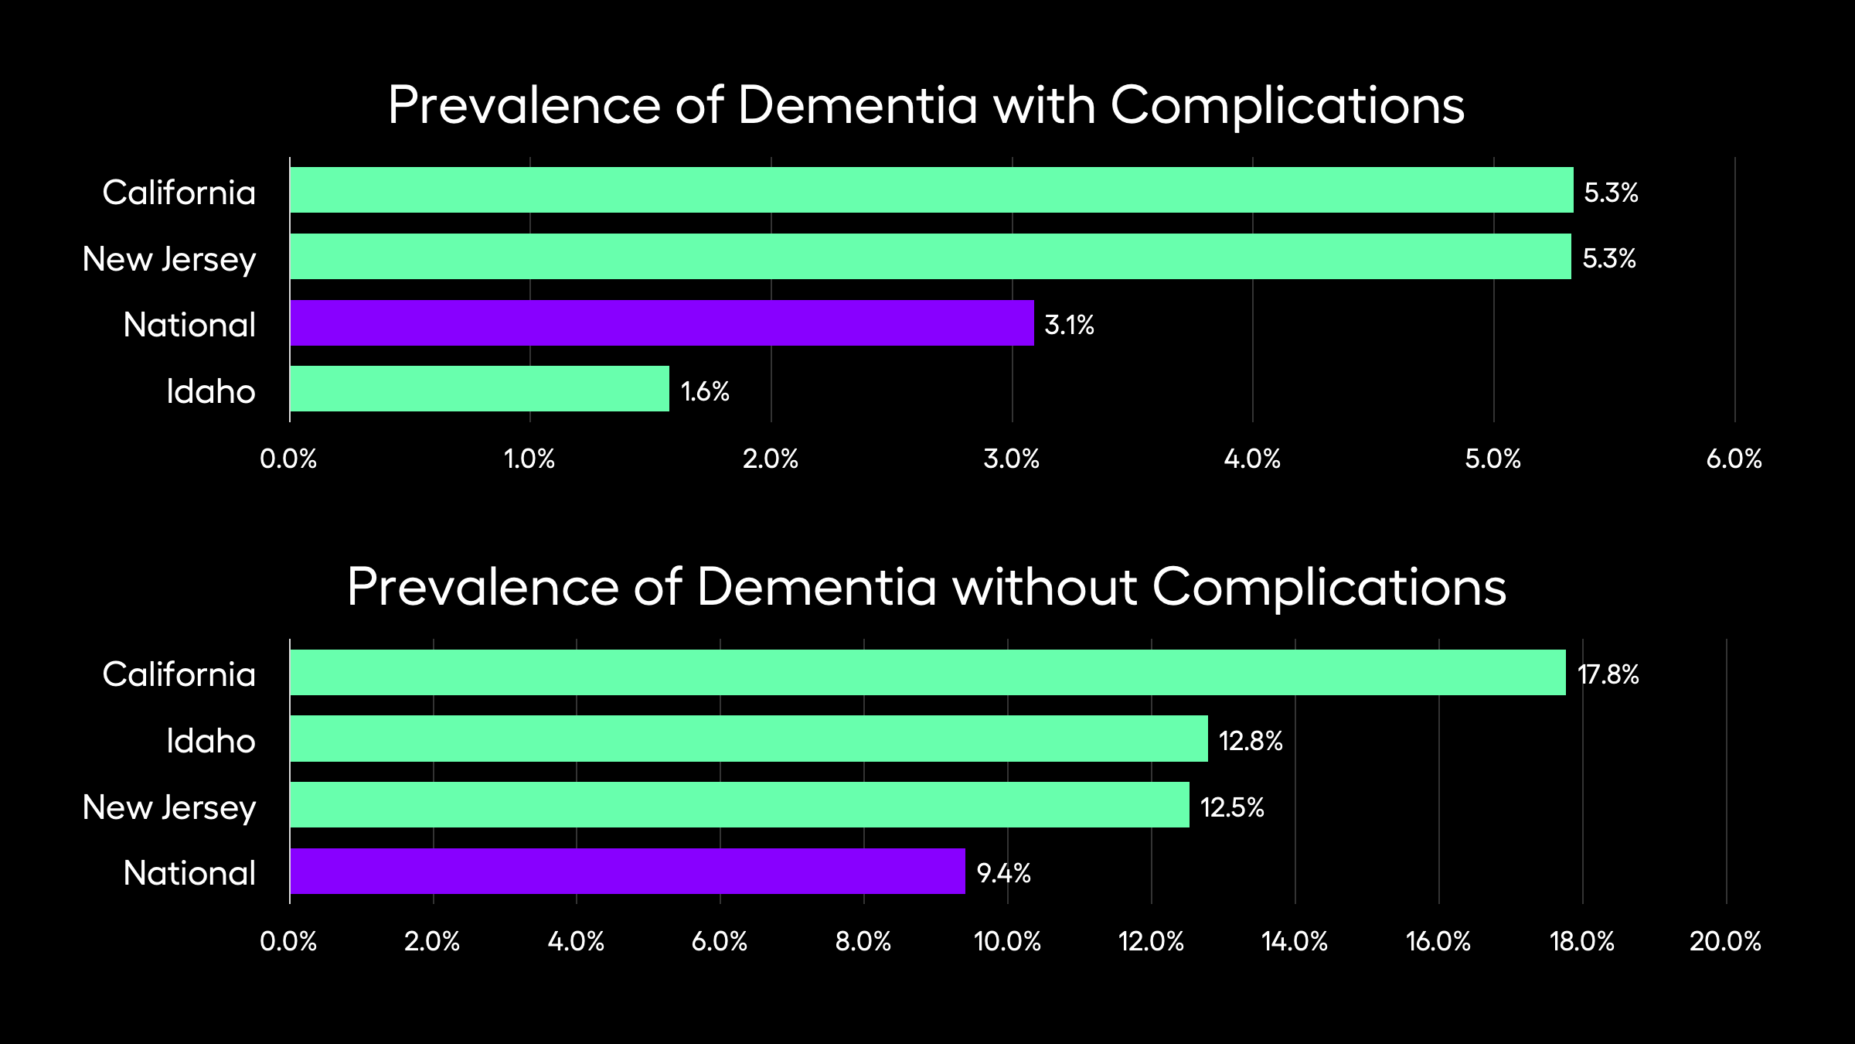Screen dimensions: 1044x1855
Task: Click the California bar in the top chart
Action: point(931,190)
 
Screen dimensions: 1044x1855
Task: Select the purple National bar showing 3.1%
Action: point(662,323)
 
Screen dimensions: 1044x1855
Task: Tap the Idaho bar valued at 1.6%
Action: point(479,389)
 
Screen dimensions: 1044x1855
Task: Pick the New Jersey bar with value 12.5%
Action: point(740,805)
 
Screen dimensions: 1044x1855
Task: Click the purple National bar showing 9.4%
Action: point(628,872)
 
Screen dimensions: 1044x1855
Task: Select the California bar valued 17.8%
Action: point(927,673)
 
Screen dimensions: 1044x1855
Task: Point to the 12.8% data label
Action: point(1251,741)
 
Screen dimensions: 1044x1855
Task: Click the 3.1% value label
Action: point(1069,325)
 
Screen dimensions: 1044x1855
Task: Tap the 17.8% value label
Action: point(1608,674)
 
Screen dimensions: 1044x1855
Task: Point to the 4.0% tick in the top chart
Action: point(1252,459)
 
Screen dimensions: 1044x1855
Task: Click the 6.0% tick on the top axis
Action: point(1734,459)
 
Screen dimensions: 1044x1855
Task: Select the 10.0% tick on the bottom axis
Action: point(1007,941)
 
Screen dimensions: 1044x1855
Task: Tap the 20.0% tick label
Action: point(1725,941)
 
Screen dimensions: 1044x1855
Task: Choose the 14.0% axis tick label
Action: point(1295,941)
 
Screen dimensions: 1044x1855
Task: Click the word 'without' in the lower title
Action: point(1045,587)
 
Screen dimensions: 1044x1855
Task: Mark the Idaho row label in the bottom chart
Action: point(210,741)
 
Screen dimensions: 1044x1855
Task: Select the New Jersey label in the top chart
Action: point(168,259)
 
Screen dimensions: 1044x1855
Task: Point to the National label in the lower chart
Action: point(189,873)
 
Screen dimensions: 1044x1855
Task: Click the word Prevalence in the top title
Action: point(524,105)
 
